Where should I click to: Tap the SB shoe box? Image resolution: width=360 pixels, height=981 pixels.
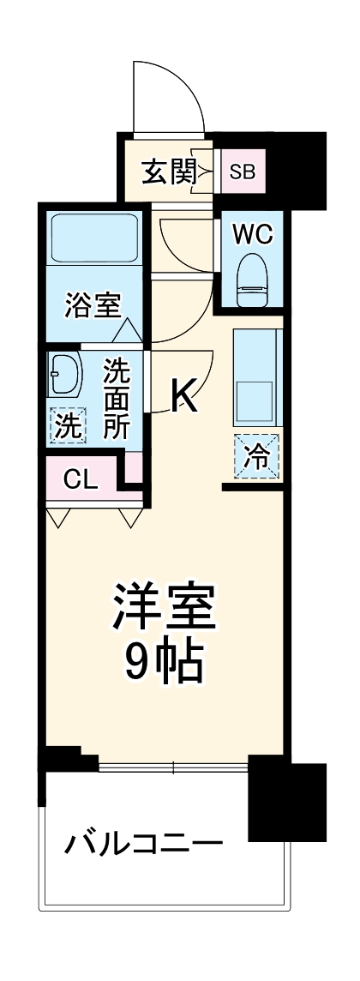[x=242, y=172]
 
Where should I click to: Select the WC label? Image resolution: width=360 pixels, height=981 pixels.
[x=251, y=233]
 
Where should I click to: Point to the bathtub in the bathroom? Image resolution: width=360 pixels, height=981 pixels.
[x=93, y=239]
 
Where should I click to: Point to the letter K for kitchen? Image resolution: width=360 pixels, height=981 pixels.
[x=184, y=395]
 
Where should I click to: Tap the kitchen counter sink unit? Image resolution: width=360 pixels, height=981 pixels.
[x=256, y=377]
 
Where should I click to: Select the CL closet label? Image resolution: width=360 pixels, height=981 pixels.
[x=81, y=478]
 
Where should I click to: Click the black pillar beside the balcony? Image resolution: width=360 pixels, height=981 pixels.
[x=285, y=802]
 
